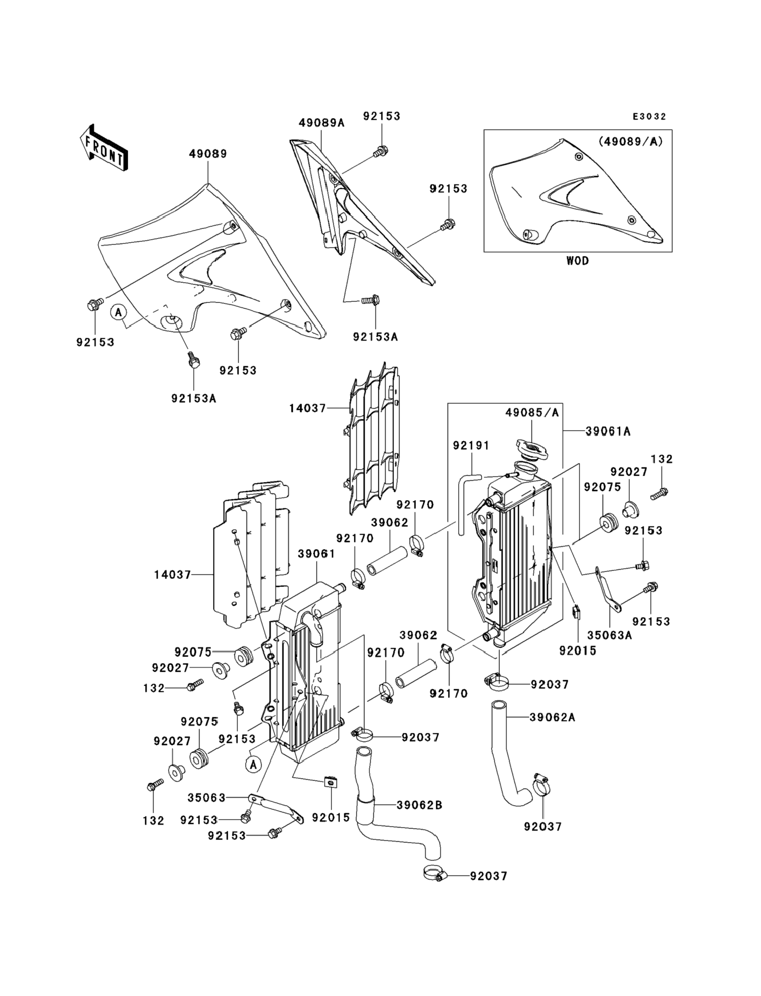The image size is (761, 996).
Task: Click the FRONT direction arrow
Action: click(x=103, y=148)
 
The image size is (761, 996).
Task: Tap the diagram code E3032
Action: click(x=650, y=117)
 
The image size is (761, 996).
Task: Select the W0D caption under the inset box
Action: click(x=577, y=261)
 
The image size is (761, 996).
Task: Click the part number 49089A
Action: click(x=321, y=123)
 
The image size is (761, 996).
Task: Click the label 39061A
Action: click(x=608, y=431)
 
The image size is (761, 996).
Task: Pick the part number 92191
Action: click(x=471, y=446)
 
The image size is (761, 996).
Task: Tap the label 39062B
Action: click(x=419, y=805)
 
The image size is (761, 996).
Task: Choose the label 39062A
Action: click(x=552, y=718)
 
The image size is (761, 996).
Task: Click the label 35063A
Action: click(x=610, y=635)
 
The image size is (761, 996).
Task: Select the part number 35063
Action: click(x=207, y=798)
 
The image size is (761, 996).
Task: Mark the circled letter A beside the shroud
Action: click(x=119, y=312)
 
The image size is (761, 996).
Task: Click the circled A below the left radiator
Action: click(x=254, y=764)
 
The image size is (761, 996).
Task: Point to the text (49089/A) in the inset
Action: click(x=631, y=142)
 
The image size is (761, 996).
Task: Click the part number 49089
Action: click(x=208, y=154)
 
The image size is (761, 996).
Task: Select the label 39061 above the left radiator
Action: click(x=317, y=554)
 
